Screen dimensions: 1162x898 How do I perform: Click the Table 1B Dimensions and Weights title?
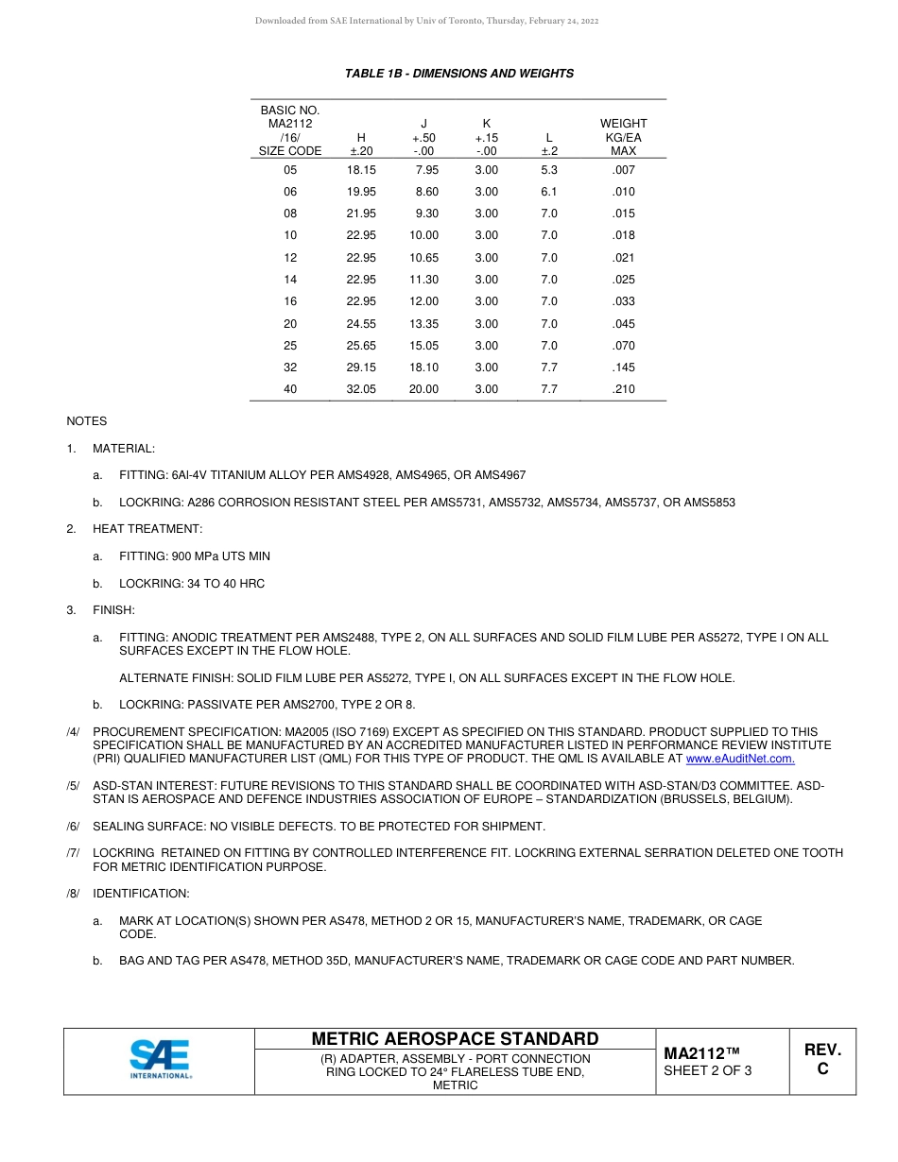(x=458, y=74)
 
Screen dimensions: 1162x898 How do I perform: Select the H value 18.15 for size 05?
(x=361, y=170)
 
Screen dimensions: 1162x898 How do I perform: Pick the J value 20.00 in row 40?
(x=423, y=389)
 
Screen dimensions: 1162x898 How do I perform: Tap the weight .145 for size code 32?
(x=623, y=367)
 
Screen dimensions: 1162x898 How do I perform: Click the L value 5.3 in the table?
(x=548, y=170)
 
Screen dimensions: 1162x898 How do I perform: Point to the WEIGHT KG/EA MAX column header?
(x=623, y=137)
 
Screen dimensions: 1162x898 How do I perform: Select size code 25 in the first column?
(x=290, y=346)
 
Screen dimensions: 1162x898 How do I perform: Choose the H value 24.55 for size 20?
(x=361, y=324)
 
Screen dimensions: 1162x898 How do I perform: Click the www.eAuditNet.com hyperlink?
(x=739, y=759)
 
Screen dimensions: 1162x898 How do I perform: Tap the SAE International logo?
(x=160, y=1060)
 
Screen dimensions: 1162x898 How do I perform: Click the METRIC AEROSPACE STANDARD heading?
(x=455, y=1039)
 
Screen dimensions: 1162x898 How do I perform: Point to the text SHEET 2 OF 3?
(x=708, y=1070)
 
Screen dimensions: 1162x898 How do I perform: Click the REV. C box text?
(x=822, y=1059)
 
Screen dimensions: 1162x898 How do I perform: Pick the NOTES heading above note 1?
(x=86, y=421)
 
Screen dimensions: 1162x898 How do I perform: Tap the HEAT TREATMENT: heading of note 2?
(x=147, y=529)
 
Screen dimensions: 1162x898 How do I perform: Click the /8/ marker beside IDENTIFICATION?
(x=73, y=894)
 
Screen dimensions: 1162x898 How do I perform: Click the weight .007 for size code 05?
(x=623, y=170)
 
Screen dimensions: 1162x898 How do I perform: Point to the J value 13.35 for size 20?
(x=423, y=324)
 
